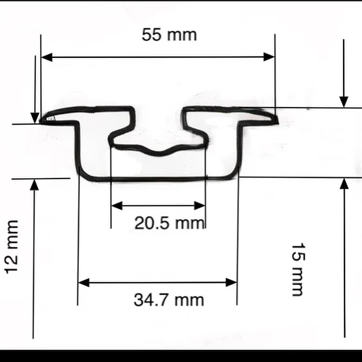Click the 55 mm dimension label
tap(169, 35)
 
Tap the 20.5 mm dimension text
tap(169, 223)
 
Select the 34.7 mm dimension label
tap(169, 299)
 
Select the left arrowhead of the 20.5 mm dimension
tap(116, 206)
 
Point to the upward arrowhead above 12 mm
tap(35, 185)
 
